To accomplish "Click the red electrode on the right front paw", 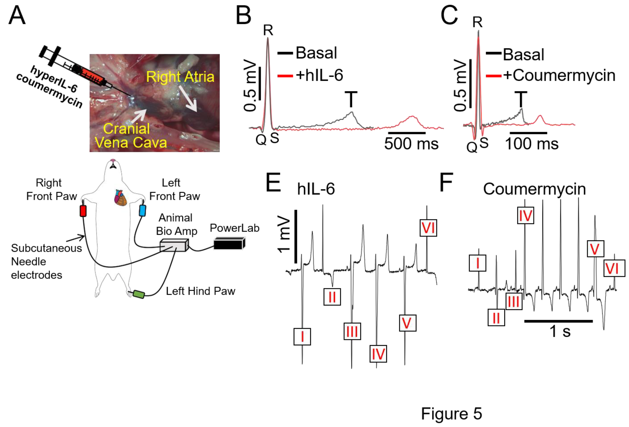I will pos(83,211).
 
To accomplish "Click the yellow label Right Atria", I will pos(180,77).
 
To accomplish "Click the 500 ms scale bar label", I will pos(411,144).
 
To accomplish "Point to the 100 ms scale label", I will pos(532,144).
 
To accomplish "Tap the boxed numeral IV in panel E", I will pos(378,354).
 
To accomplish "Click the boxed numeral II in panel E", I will pos(332,297).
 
